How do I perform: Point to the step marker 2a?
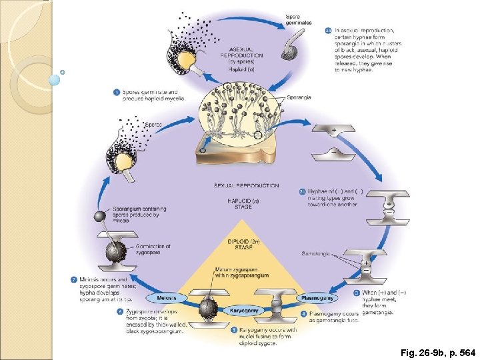point(329,30)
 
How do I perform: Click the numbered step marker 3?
point(357,292)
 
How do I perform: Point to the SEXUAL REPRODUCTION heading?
point(247,186)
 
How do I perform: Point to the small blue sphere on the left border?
point(55,79)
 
